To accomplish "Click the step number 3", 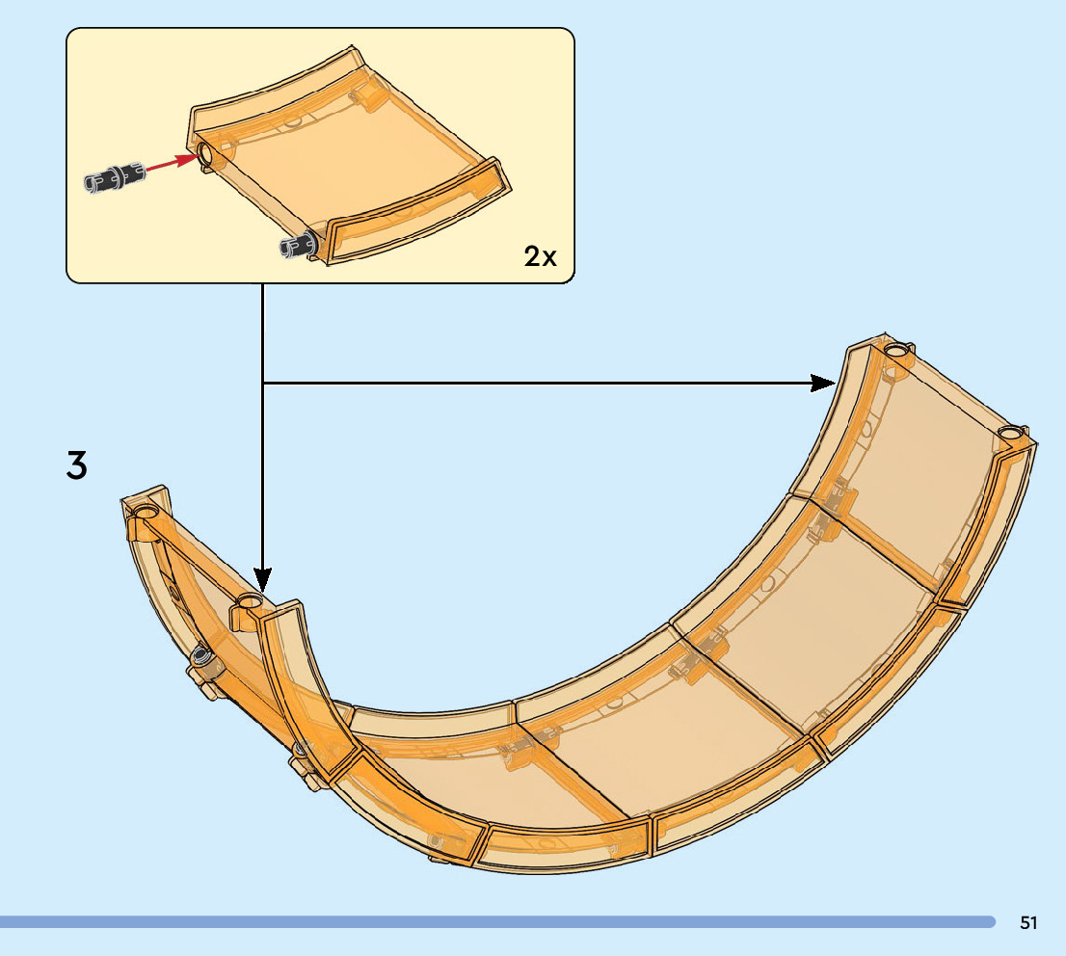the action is click(x=76, y=465).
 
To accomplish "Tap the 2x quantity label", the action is click(x=540, y=256).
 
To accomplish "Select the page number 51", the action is click(x=1028, y=923).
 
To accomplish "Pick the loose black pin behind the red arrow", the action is click(x=114, y=178).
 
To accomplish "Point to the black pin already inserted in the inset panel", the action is click(x=297, y=247).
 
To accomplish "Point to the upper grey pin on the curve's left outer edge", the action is click(x=201, y=657).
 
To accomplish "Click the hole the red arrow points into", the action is click(x=205, y=153).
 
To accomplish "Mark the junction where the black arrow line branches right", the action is click(x=263, y=383).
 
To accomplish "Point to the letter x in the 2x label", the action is click(x=548, y=257).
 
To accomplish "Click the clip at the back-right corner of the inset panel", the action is click(x=367, y=96).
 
